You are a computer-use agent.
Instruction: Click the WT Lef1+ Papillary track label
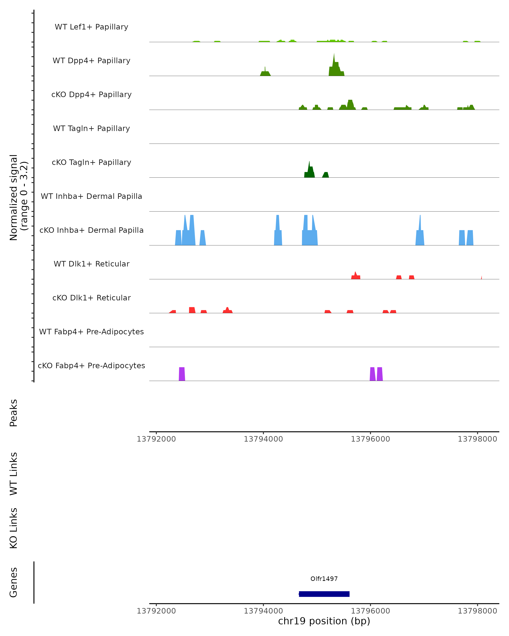[x=91, y=27]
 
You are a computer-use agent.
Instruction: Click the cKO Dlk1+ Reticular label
[x=91, y=298]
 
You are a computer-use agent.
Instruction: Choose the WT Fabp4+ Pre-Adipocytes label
[x=91, y=332]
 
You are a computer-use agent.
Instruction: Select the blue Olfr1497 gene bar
[x=324, y=594]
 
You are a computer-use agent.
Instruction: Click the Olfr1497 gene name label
[x=324, y=579]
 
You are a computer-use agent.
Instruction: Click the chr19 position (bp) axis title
[x=324, y=621]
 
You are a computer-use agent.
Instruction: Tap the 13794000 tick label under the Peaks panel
[x=263, y=439]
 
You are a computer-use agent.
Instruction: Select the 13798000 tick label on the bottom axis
[x=477, y=611]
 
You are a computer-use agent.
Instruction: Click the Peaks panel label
[x=14, y=413]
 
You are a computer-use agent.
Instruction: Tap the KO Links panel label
[x=14, y=528]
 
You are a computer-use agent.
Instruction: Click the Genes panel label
[x=14, y=582]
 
